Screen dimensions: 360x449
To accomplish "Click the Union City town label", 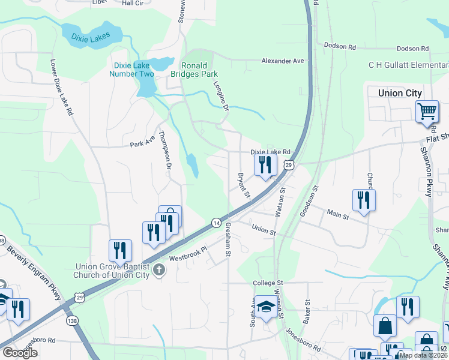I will (x=400, y=93).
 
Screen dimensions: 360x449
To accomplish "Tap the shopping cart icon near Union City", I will (x=426, y=111).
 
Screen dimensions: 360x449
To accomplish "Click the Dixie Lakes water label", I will (x=91, y=38).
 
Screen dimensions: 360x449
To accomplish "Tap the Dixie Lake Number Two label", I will (x=131, y=70).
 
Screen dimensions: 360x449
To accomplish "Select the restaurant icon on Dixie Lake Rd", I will (x=265, y=165).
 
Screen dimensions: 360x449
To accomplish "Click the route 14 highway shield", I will (x=215, y=223).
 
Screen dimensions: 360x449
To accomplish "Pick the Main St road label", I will (x=337, y=213).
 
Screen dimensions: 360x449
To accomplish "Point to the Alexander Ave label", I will (x=283, y=61).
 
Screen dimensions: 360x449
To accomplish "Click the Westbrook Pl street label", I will (x=187, y=254).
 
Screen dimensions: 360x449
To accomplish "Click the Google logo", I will (x=20, y=353).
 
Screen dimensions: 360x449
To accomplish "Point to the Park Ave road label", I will (x=142, y=144).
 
